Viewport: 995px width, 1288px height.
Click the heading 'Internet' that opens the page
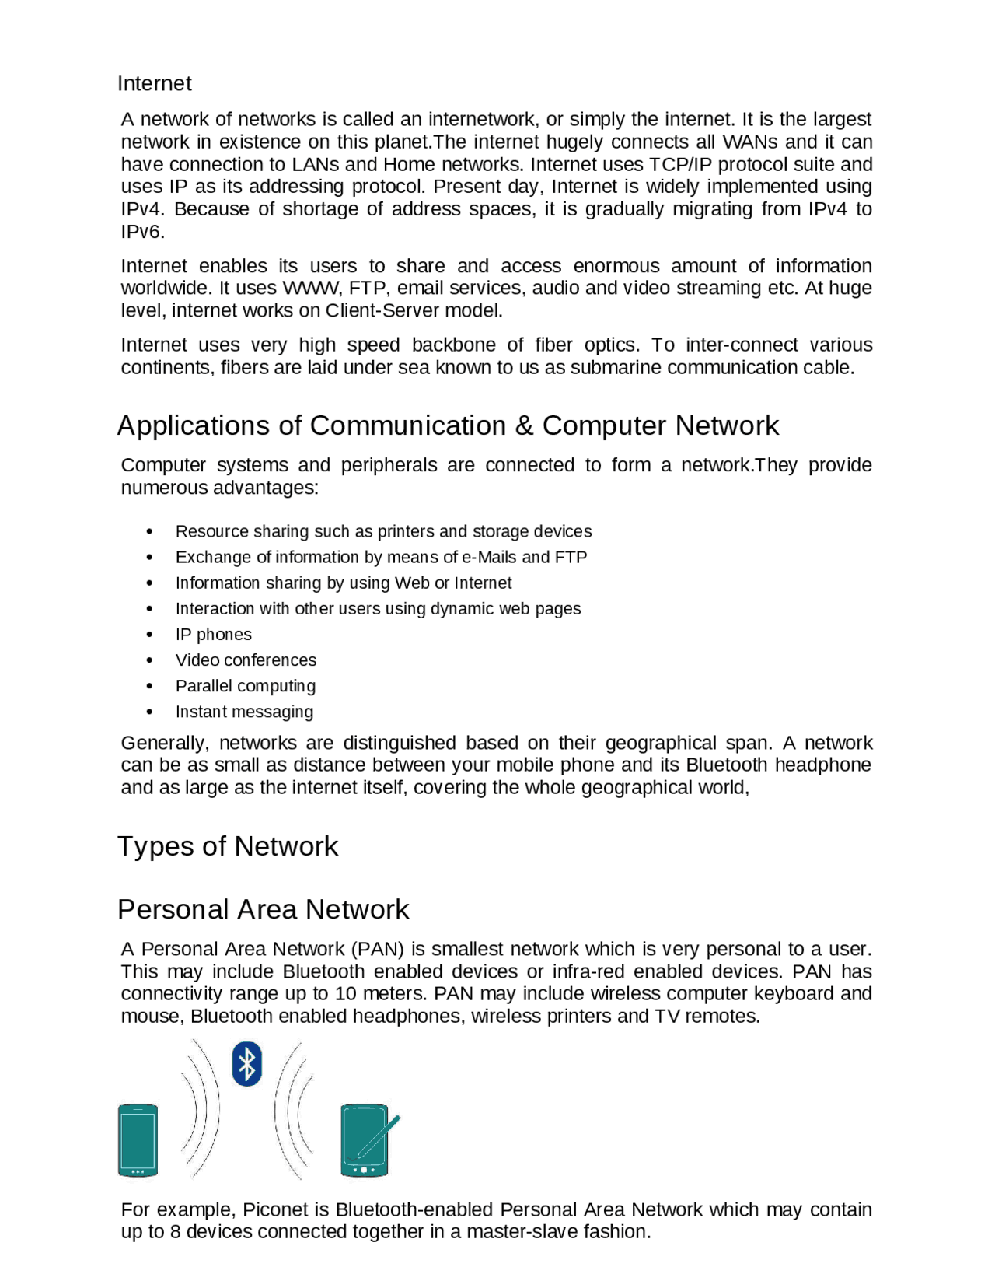click(x=154, y=83)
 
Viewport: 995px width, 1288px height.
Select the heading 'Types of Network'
click(x=227, y=845)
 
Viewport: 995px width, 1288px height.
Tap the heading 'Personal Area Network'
click(x=263, y=908)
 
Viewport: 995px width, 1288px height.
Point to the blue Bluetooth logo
click(x=246, y=1063)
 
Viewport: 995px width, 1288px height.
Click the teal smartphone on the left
click(x=138, y=1139)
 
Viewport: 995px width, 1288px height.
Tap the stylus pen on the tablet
click(x=379, y=1136)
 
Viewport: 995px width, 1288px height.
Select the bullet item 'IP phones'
click(x=213, y=634)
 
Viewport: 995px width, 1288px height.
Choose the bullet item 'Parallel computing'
click(x=245, y=685)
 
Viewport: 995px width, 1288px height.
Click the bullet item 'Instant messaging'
click(x=244, y=711)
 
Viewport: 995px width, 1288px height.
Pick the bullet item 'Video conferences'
click(x=246, y=660)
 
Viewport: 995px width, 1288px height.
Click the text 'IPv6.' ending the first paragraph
click(x=142, y=232)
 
